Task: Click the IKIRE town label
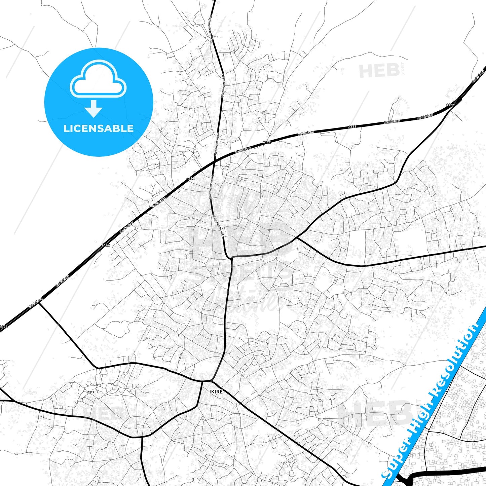click(216, 392)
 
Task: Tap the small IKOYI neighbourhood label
click(90, 392)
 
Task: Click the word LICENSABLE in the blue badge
click(99, 128)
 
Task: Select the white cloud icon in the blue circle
click(98, 79)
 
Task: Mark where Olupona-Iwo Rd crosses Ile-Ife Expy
click(215, 162)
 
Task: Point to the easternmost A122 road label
click(450, 105)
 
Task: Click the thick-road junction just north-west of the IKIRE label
click(203, 381)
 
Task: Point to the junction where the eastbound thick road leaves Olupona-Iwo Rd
click(231, 258)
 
